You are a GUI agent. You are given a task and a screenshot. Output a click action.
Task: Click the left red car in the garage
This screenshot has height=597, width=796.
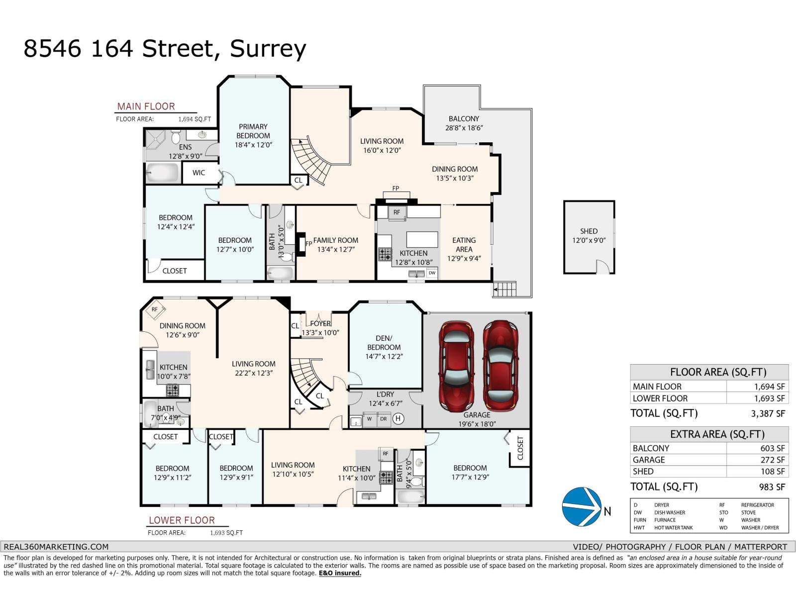point(456,366)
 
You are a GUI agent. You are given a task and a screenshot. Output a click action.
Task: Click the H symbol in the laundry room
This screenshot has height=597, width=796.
point(398,419)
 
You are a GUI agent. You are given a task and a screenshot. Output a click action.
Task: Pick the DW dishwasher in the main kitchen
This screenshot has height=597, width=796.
point(432,273)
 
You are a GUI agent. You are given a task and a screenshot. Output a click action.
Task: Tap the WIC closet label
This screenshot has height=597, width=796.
point(199,173)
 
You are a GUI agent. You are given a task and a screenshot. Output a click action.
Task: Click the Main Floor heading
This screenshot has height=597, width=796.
point(146,106)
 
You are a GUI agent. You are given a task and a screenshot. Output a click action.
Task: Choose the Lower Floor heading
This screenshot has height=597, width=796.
point(182,520)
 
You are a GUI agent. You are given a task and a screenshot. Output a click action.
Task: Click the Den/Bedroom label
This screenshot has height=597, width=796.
point(384,342)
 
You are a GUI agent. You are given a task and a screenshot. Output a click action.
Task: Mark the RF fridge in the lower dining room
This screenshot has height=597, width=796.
point(155,309)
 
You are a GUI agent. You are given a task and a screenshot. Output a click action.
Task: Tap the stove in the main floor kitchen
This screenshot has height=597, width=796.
point(385,255)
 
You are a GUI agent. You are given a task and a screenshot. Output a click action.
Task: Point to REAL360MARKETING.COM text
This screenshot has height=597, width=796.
point(56,546)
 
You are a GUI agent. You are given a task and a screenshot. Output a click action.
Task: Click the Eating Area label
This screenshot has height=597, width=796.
point(464,244)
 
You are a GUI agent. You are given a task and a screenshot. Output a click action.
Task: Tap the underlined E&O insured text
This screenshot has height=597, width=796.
point(340,573)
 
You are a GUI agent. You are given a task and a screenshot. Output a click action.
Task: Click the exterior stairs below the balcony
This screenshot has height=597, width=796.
point(504,289)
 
